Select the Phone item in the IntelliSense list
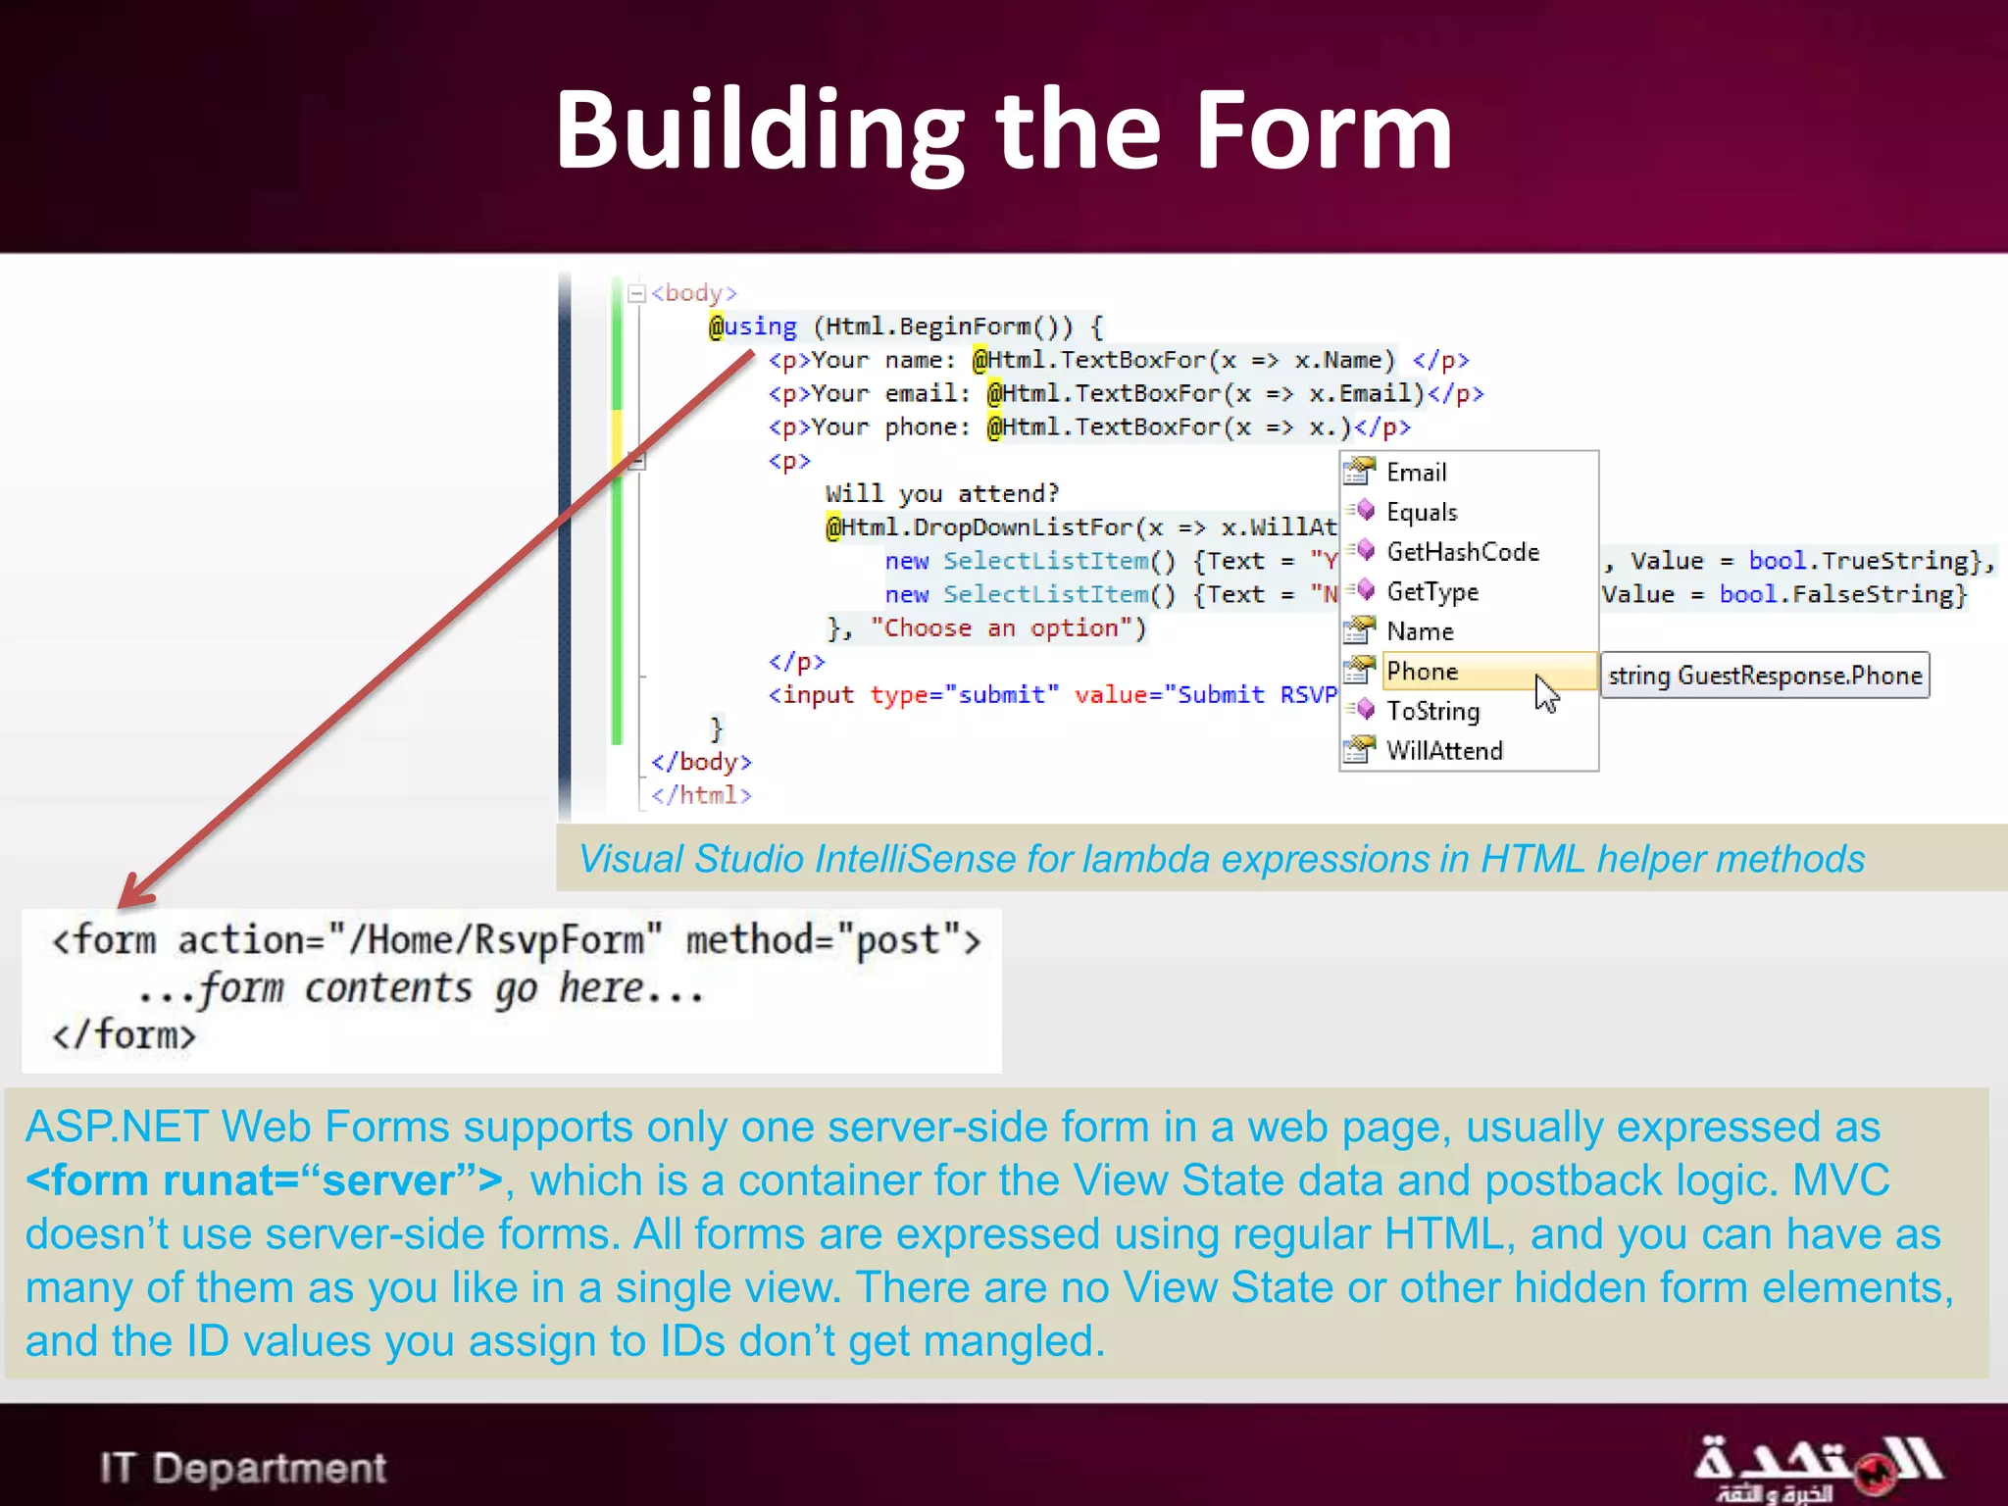click(1423, 672)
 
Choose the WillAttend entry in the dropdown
click(1444, 751)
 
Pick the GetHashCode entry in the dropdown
click(1462, 552)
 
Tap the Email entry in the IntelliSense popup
click(1416, 473)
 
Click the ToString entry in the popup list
click(1432, 711)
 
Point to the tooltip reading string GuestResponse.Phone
click(1764, 676)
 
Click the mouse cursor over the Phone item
click(1546, 693)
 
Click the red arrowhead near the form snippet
click(135, 892)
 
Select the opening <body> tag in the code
click(694, 293)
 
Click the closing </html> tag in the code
click(702, 795)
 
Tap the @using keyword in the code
click(753, 326)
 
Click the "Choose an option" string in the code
click(1008, 627)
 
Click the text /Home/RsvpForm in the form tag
click(496, 939)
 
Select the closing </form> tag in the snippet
click(124, 1035)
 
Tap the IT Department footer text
click(242, 1468)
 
